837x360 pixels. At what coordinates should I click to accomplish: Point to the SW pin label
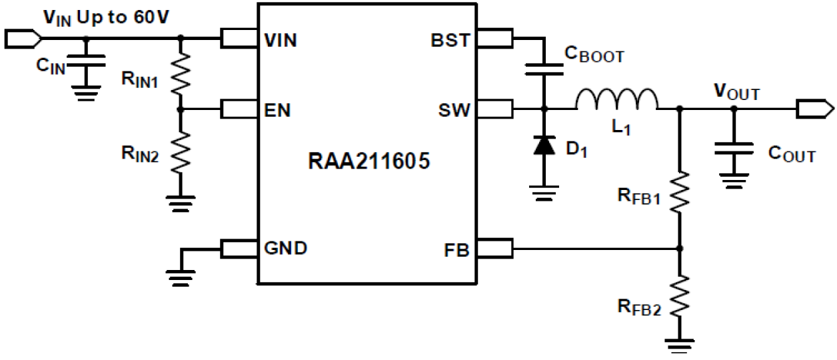pyautogui.click(x=453, y=109)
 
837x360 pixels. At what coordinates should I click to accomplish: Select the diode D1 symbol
pyautogui.click(x=544, y=145)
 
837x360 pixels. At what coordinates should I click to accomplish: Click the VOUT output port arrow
pyautogui.click(x=815, y=108)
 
